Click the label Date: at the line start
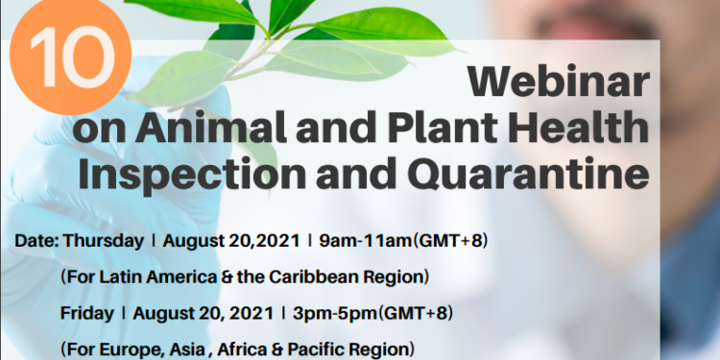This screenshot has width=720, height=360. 36,240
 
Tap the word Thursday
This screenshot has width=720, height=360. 104,240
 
